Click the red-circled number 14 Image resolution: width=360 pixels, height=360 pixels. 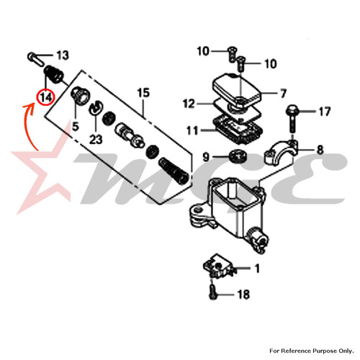pos(46,98)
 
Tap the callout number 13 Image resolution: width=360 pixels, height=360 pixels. pos(63,55)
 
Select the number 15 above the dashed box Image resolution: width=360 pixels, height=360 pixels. pos(143,93)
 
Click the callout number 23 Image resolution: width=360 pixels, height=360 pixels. pos(96,140)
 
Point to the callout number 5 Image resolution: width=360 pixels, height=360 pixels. pos(76,127)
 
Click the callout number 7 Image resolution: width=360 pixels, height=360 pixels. pos(284,94)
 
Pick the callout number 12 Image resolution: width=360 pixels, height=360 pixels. pos(189,104)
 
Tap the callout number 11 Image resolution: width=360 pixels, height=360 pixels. pos(192,131)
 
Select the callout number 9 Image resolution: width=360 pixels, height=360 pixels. pos(206,157)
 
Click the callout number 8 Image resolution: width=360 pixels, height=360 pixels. pos(320,150)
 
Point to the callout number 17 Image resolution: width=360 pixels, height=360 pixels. pos(325,112)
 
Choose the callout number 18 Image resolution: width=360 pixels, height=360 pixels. pos(243,294)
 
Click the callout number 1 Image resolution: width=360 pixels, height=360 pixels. pos(257,269)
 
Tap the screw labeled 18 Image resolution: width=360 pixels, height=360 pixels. pos(212,291)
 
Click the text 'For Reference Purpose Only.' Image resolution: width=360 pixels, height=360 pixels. pos(312,351)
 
